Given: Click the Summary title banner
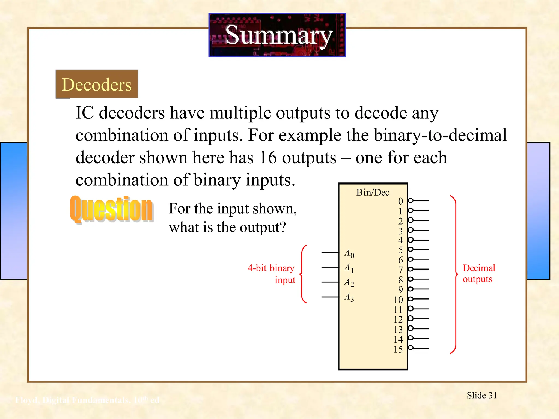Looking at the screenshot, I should (x=277, y=35).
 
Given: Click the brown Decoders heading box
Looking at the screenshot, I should (x=97, y=84).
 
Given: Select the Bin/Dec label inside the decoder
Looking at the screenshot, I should (x=373, y=193).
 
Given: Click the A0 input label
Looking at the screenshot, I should (x=349, y=253).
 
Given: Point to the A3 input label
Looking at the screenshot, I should (x=349, y=297).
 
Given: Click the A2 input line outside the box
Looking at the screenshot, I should (x=330, y=282).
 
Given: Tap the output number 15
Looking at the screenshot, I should (x=398, y=349).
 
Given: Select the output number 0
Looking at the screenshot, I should (x=400, y=201).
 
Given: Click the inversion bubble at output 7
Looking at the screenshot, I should (x=410, y=269).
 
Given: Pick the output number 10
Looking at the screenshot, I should (x=398, y=300).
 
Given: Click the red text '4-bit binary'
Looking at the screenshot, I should (x=271, y=268).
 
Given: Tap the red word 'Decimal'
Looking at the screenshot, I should (x=479, y=268).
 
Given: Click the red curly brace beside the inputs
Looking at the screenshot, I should (x=303, y=274).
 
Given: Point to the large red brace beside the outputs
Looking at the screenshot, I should (x=454, y=274).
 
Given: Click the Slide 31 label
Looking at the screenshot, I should (x=482, y=395).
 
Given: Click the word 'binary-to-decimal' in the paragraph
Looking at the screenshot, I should (x=440, y=135).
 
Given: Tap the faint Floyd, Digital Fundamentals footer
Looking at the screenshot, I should (x=87, y=400).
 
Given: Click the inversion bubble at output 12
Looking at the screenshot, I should (x=410, y=319).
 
